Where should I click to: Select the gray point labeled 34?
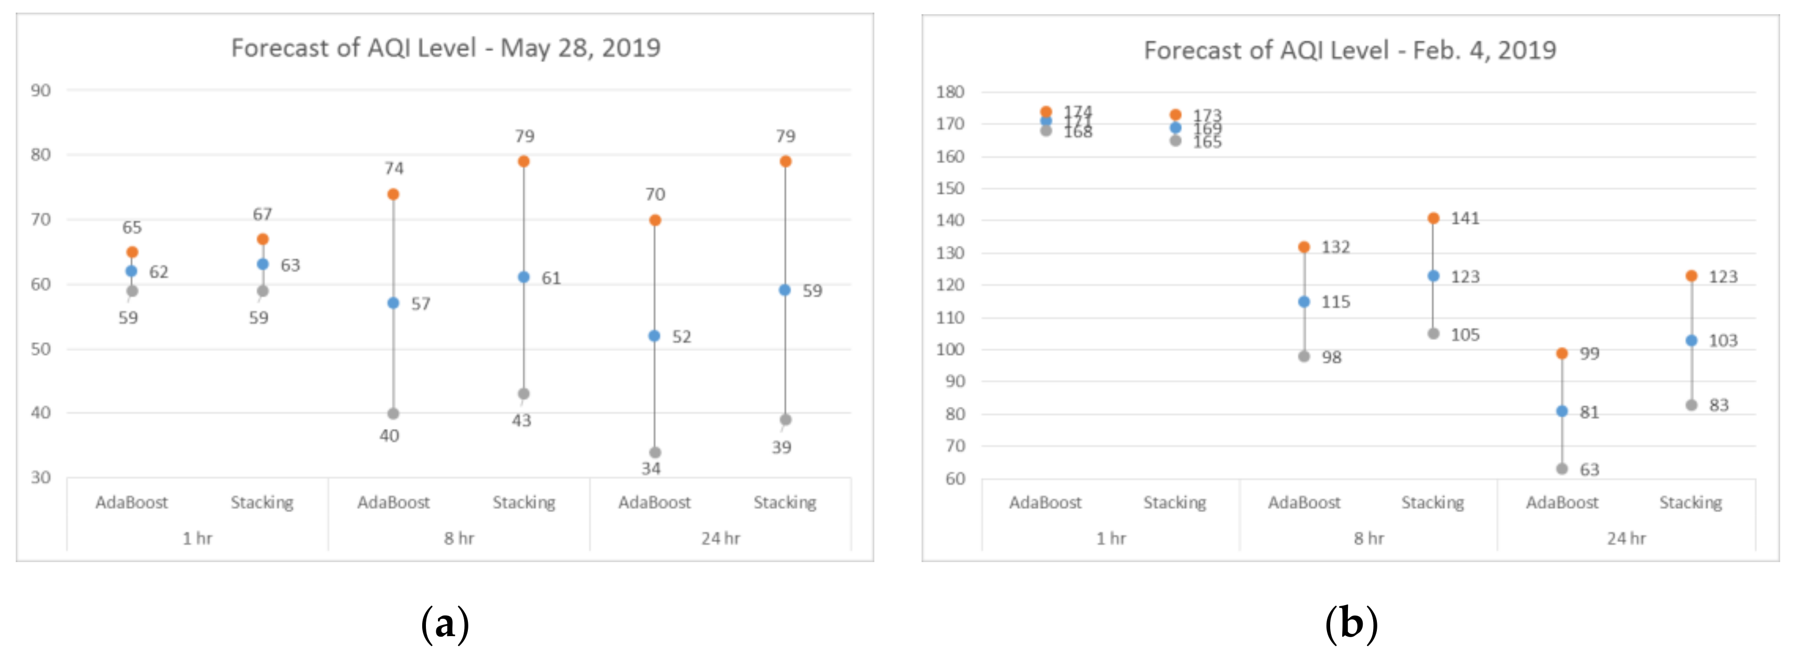pyautogui.click(x=655, y=452)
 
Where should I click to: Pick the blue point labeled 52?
pyautogui.click(x=654, y=336)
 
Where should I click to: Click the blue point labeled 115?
pyautogui.click(x=1304, y=302)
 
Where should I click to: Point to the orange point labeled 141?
pyautogui.click(x=1433, y=218)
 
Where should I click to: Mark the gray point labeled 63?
pyautogui.click(x=1562, y=469)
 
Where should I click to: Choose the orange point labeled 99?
pyautogui.click(x=1562, y=353)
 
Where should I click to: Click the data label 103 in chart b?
pyautogui.click(x=1722, y=341)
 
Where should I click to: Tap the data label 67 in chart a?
pyautogui.click(x=262, y=214)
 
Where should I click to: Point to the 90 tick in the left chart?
pyautogui.click(x=40, y=91)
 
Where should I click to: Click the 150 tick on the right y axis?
pyautogui.click(x=950, y=188)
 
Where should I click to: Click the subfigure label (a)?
pyautogui.click(x=445, y=624)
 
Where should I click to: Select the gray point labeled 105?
pyautogui.click(x=1433, y=334)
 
